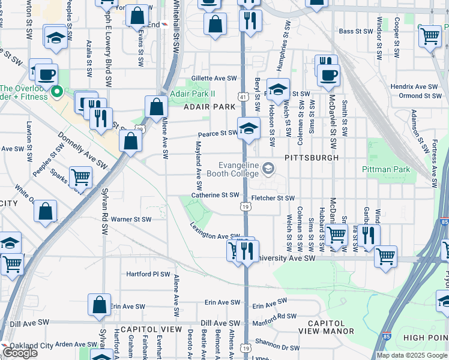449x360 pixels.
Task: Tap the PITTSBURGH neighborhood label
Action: [312, 157]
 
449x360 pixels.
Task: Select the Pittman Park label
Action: [388, 170]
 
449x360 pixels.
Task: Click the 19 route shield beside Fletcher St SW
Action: [246, 206]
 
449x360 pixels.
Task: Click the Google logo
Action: [19, 353]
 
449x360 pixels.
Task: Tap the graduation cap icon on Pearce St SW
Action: [249, 128]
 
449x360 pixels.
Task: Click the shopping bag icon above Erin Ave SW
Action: [99, 304]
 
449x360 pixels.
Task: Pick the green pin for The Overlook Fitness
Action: [58, 92]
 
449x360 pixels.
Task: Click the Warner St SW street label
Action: [131, 219]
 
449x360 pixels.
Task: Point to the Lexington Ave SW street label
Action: [215, 232]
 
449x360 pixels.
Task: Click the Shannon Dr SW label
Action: [277, 346]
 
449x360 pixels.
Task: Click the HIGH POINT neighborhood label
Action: [426, 338]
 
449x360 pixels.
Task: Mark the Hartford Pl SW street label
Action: [149, 274]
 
